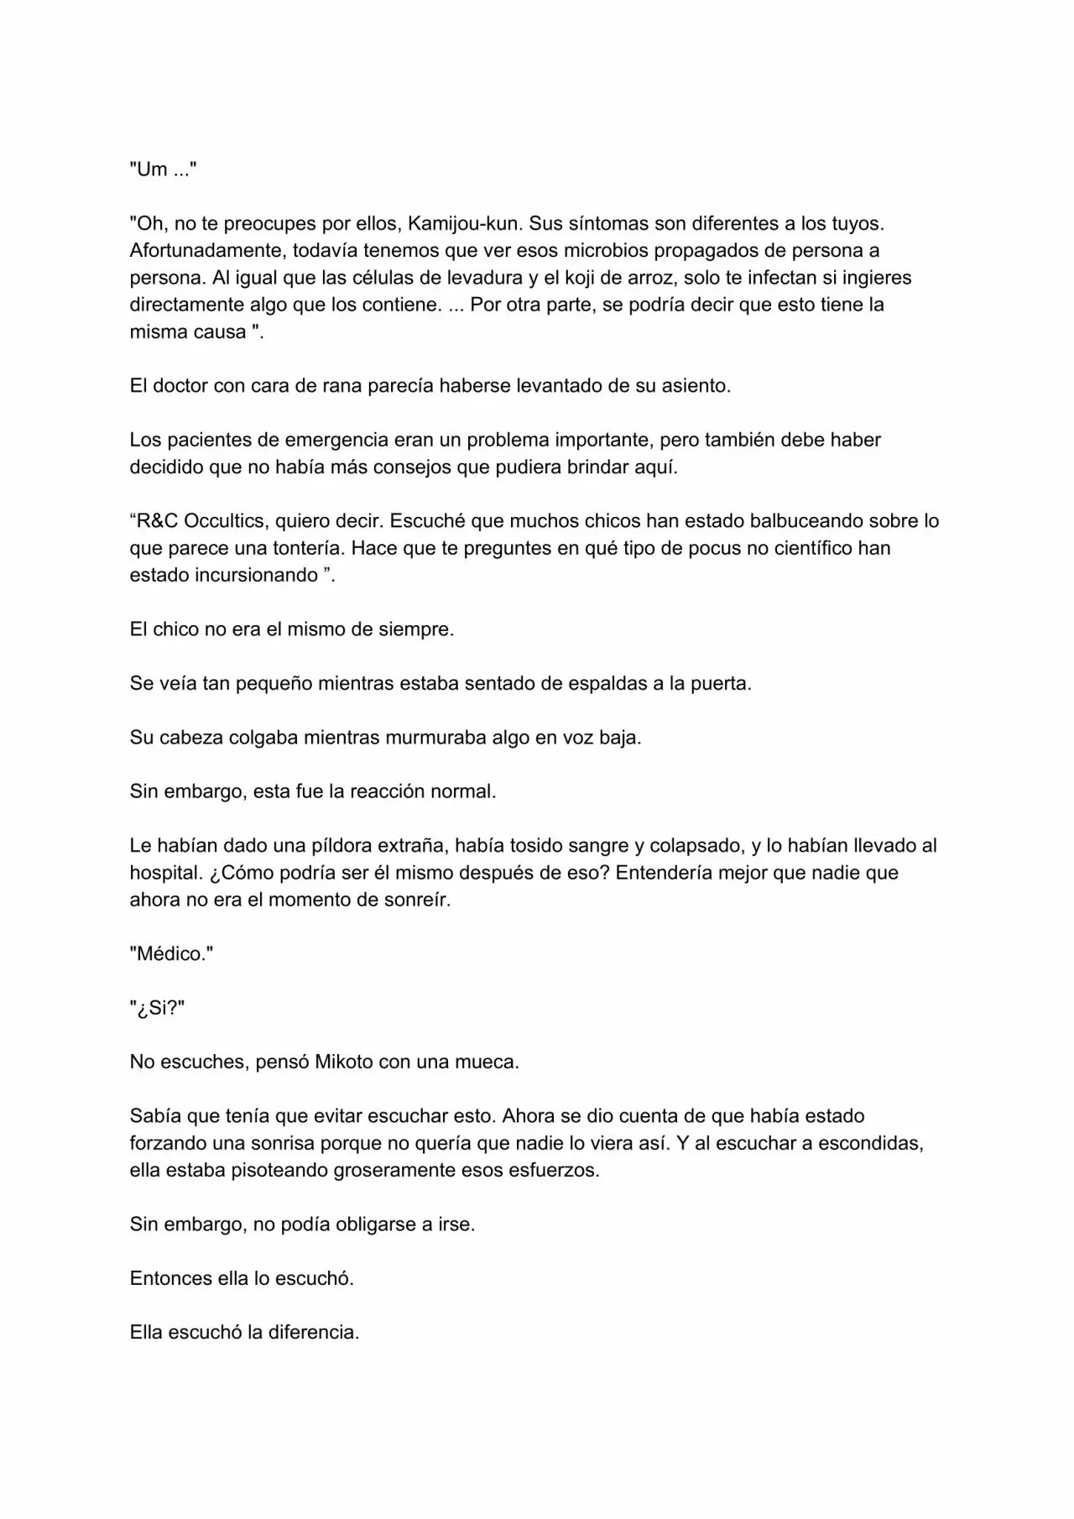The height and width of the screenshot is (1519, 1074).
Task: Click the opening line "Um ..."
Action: pos(163,170)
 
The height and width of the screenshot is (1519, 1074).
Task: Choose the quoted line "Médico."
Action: pos(171,953)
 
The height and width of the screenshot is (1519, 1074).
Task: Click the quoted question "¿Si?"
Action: pos(157,1008)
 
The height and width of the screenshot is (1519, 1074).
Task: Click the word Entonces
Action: pos(169,1278)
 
